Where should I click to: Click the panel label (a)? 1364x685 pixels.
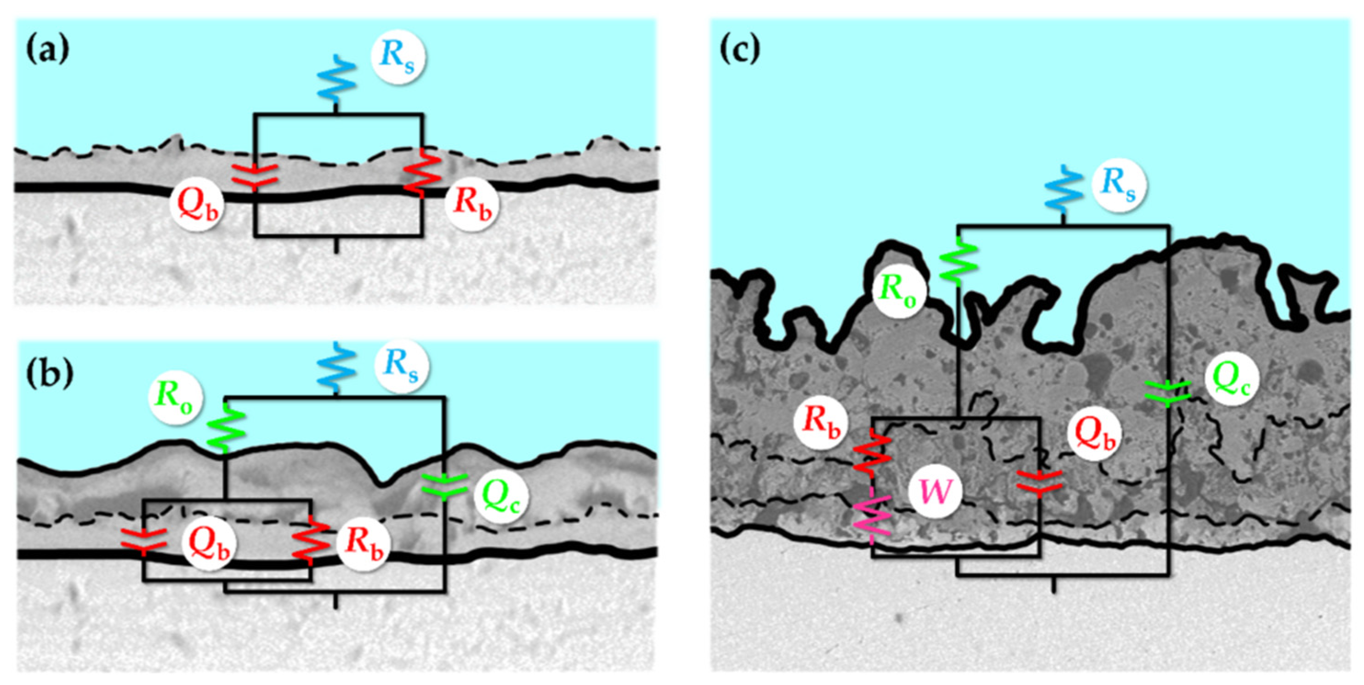point(48,51)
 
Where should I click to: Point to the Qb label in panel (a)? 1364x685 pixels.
point(196,204)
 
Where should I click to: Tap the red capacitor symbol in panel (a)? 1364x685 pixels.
point(255,177)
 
